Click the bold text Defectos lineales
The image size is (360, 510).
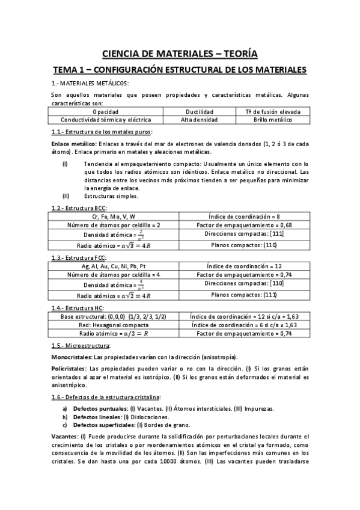(x=97, y=416)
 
